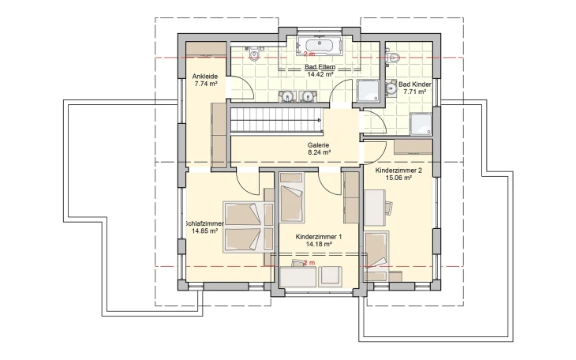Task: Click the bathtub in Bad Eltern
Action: click(320, 47)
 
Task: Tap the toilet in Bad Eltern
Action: click(254, 54)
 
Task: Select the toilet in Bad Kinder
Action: click(394, 58)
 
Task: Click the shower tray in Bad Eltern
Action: click(368, 91)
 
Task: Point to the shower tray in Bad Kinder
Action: click(421, 124)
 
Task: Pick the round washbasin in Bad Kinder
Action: click(391, 88)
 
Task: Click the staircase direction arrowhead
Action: click(320, 120)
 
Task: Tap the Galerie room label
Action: click(319, 145)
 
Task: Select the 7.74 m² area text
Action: click(206, 84)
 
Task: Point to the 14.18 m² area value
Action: click(319, 244)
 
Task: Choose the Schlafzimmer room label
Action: click(204, 223)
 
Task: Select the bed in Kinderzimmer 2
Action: click(377, 256)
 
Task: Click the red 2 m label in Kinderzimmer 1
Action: click(309, 263)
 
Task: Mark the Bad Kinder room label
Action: click(415, 84)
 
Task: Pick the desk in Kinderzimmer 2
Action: click(375, 208)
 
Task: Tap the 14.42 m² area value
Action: click(320, 74)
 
